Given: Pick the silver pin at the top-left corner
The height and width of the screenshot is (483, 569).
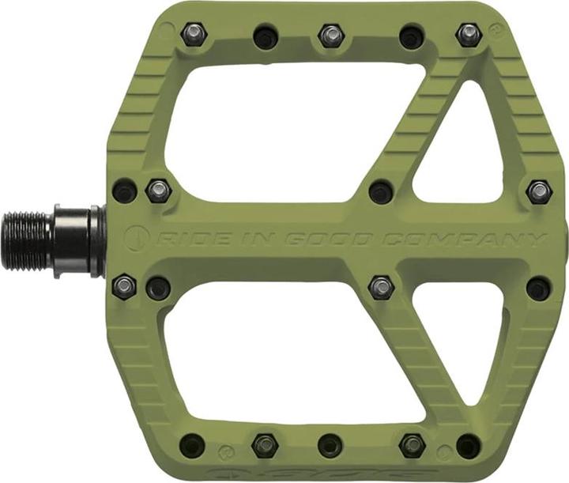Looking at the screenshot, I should tap(193, 32).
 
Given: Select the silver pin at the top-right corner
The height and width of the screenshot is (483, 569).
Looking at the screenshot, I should tap(469, 34).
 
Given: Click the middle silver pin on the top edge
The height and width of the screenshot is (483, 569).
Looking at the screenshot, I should tap(332, 35).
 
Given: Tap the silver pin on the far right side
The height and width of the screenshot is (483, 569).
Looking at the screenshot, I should tap(539, 191).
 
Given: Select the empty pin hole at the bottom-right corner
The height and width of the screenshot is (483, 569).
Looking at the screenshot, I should tap(468, 445).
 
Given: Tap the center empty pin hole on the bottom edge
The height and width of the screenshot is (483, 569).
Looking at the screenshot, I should tap(330, 445).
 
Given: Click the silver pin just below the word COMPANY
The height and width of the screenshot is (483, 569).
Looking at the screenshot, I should tap(381, 286).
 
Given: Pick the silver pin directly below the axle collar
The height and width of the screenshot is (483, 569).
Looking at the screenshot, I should tap(124, 285).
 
